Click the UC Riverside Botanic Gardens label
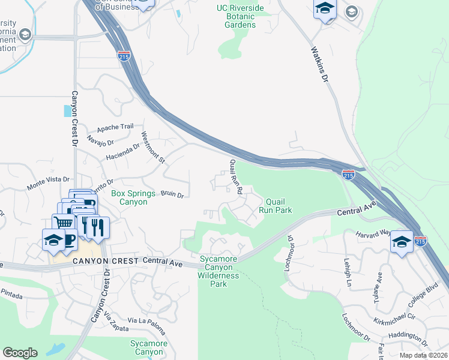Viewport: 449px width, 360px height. click(x=240, y=17)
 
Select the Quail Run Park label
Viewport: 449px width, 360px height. click(x=275, y=206)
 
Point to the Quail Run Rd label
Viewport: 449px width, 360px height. click(x=235, y=176)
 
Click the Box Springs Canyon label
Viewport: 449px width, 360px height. click(x=129, y=198)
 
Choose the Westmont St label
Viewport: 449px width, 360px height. click(x=152, y=148)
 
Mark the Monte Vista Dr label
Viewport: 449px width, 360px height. click(x=48, y=184)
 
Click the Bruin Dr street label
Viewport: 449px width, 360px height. click(x=172, y=194)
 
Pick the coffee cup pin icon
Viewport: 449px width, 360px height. click(x=69, y=239)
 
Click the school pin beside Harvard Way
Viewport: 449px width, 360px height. click(x=401, y=241)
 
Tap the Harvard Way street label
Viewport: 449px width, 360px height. click(x=373, y=233)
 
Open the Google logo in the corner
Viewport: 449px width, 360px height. click(x=20, y=353)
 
